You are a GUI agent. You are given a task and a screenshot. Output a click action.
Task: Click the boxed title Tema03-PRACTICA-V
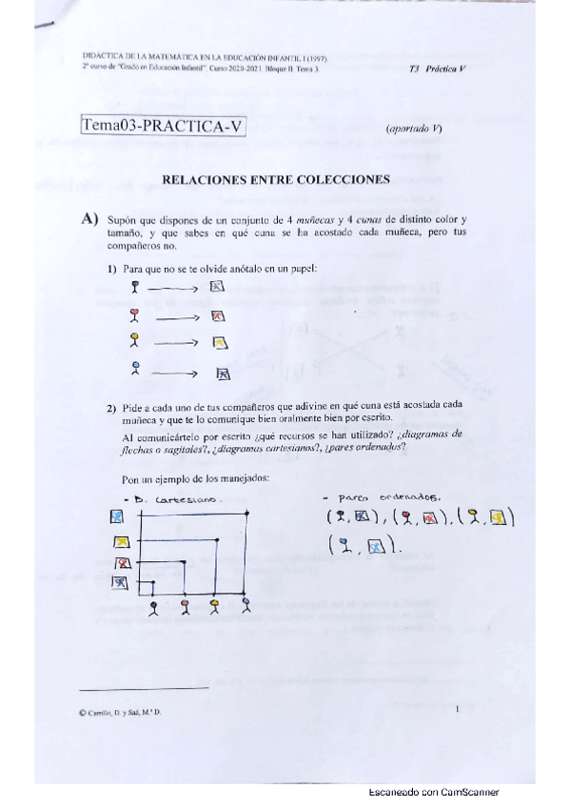click(x=164, y=128)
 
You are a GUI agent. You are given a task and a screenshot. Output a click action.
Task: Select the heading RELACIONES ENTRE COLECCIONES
click(x=277, y=178)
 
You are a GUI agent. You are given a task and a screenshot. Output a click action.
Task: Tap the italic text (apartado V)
click(x=413, y=129)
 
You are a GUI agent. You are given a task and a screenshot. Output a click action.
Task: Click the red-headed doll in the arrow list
click(x=135, y=316)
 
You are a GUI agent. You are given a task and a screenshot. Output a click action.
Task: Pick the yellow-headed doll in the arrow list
click(x=135, y=342)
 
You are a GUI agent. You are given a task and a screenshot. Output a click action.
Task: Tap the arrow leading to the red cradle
click(x=176, y=317)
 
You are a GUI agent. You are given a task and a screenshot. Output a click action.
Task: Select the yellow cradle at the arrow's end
click(x=219, y=343)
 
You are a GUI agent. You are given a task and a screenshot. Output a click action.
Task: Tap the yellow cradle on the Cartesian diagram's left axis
click(x=121, y=542)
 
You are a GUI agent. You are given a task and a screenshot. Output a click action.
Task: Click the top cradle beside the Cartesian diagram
click(x=118, y=516)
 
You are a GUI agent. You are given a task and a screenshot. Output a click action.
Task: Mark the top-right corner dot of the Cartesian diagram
click(x=248, y=515)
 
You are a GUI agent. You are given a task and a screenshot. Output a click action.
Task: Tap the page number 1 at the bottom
click(x=458, y=709)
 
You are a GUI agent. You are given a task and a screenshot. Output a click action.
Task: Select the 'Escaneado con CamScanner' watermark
click(x=433, y=793)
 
